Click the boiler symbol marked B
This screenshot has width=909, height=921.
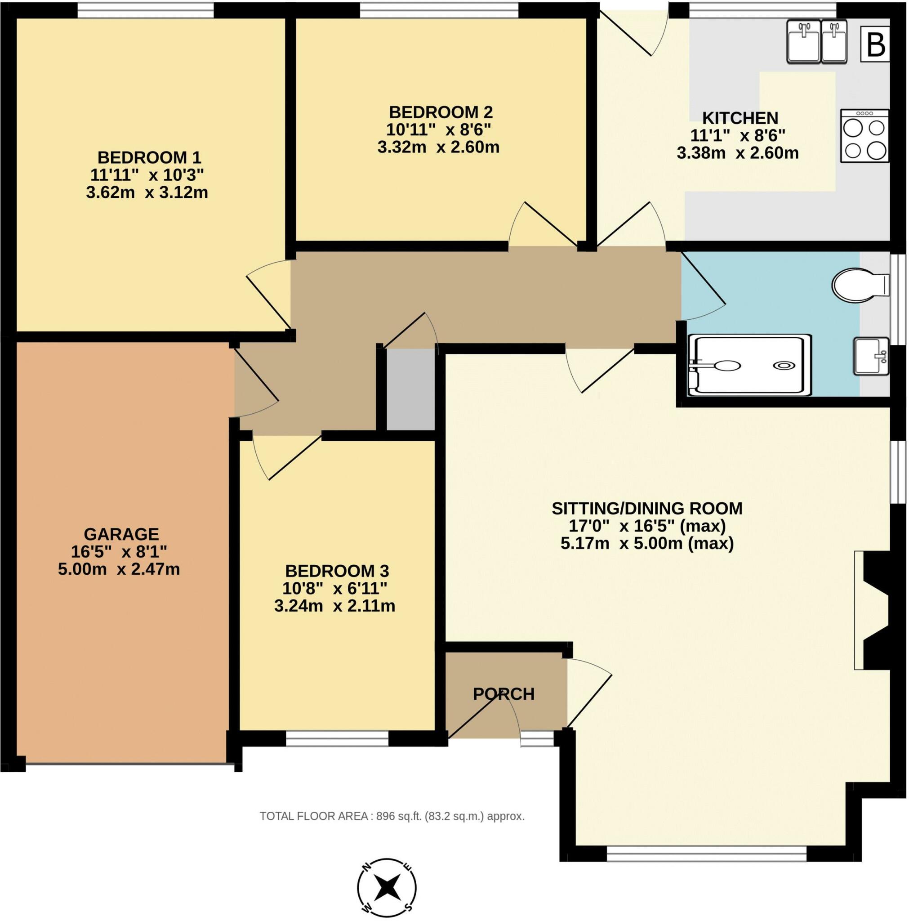(875, 45)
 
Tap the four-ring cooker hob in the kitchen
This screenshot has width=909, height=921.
(864, 136)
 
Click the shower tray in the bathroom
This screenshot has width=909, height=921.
(749, 365)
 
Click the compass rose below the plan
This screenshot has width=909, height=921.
(387, 888)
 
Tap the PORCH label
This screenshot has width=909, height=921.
(504, 694)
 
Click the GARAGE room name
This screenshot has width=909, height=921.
(121, 533)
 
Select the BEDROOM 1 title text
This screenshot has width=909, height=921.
(149, 157)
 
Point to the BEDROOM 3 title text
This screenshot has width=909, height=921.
(337, 571)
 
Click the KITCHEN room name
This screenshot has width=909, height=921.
(740, 118)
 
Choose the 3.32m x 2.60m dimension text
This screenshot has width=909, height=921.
(438, 147)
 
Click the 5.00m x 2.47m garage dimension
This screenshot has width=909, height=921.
(119, 569)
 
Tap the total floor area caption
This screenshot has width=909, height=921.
(392, 816)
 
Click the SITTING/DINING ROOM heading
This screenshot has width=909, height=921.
(647, 508)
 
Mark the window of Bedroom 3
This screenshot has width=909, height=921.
(338, 738)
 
